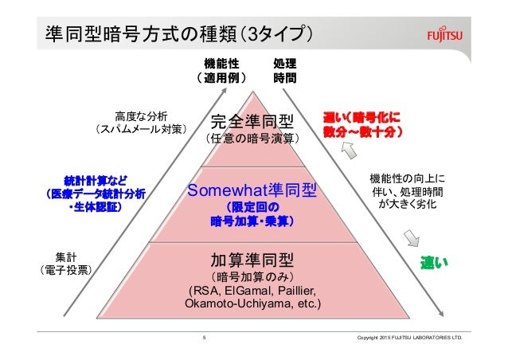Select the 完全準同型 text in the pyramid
[252, 123]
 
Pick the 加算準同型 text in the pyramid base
[252, 260]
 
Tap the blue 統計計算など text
[95, 178]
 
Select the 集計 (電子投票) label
[66, 263]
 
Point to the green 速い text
[435, 262]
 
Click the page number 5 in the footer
[205, 338]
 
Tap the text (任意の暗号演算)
[252, 139]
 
